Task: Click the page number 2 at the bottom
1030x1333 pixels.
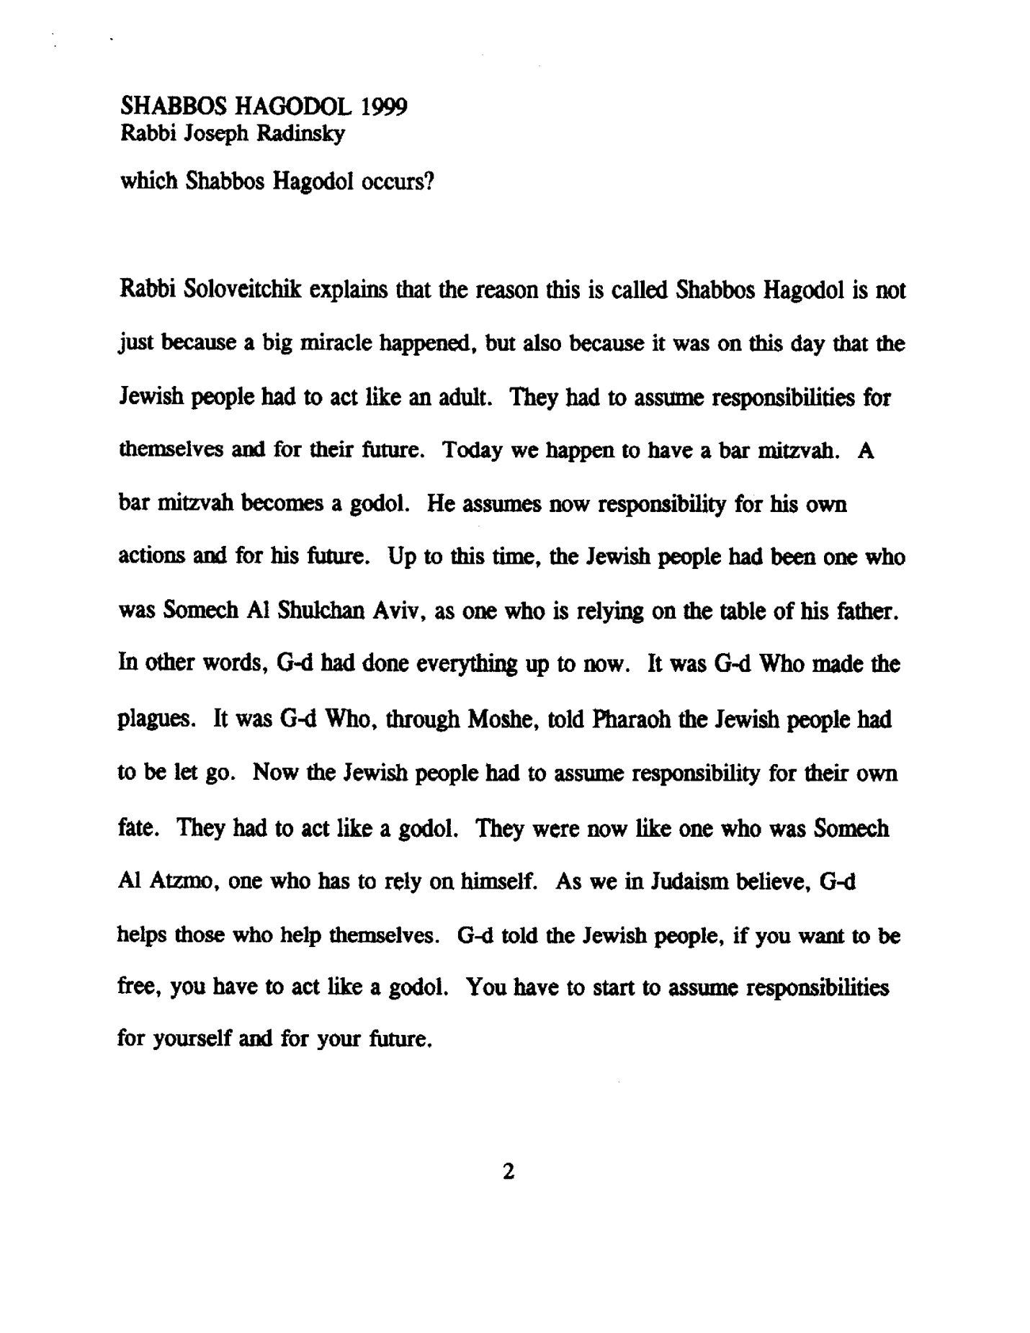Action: (x=509, y=1172)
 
